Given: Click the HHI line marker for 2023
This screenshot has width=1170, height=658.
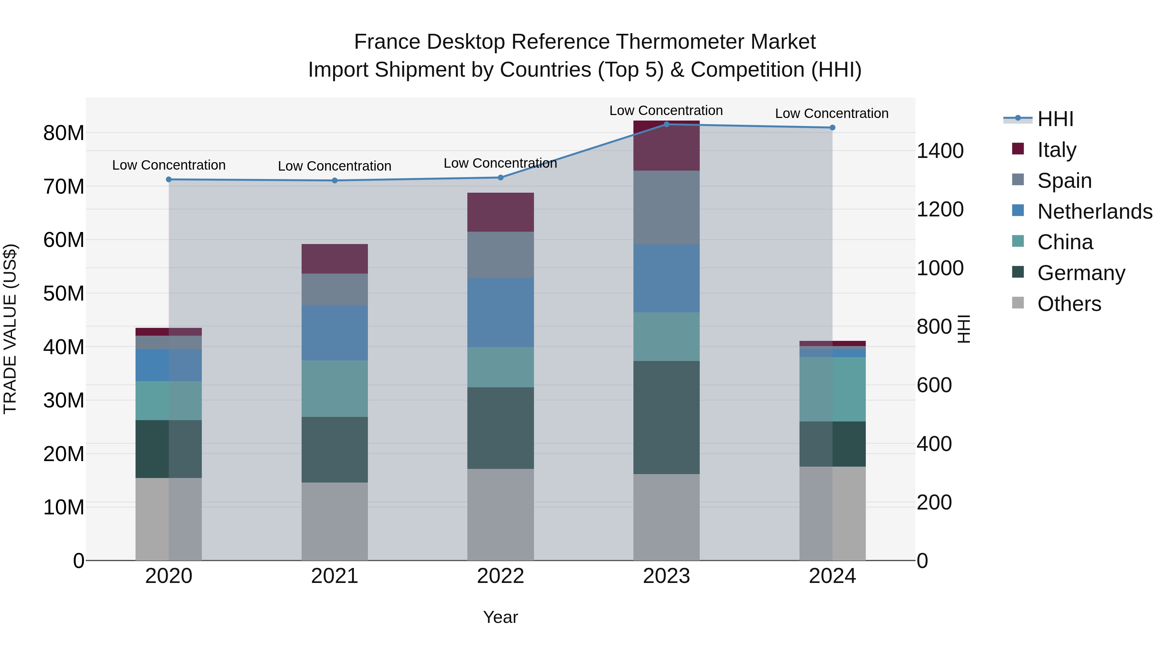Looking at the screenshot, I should point(666,124).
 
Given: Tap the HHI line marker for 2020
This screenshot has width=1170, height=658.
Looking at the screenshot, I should point(168,179).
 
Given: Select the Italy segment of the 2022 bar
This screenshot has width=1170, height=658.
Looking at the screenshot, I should point(500,212).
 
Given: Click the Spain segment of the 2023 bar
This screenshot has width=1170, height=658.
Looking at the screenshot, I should point(666,208).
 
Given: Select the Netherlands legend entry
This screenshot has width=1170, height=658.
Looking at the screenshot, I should point(1095,212).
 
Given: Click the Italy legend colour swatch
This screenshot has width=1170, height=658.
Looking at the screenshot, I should point(1018,148).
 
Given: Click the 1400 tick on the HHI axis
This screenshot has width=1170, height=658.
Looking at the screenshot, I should point(940,151).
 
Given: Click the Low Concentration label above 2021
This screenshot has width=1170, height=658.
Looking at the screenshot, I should point(335,166).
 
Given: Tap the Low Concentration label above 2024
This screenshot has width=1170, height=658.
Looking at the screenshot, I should point(832,113).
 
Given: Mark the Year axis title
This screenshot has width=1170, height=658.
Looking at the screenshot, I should point(500,617).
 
